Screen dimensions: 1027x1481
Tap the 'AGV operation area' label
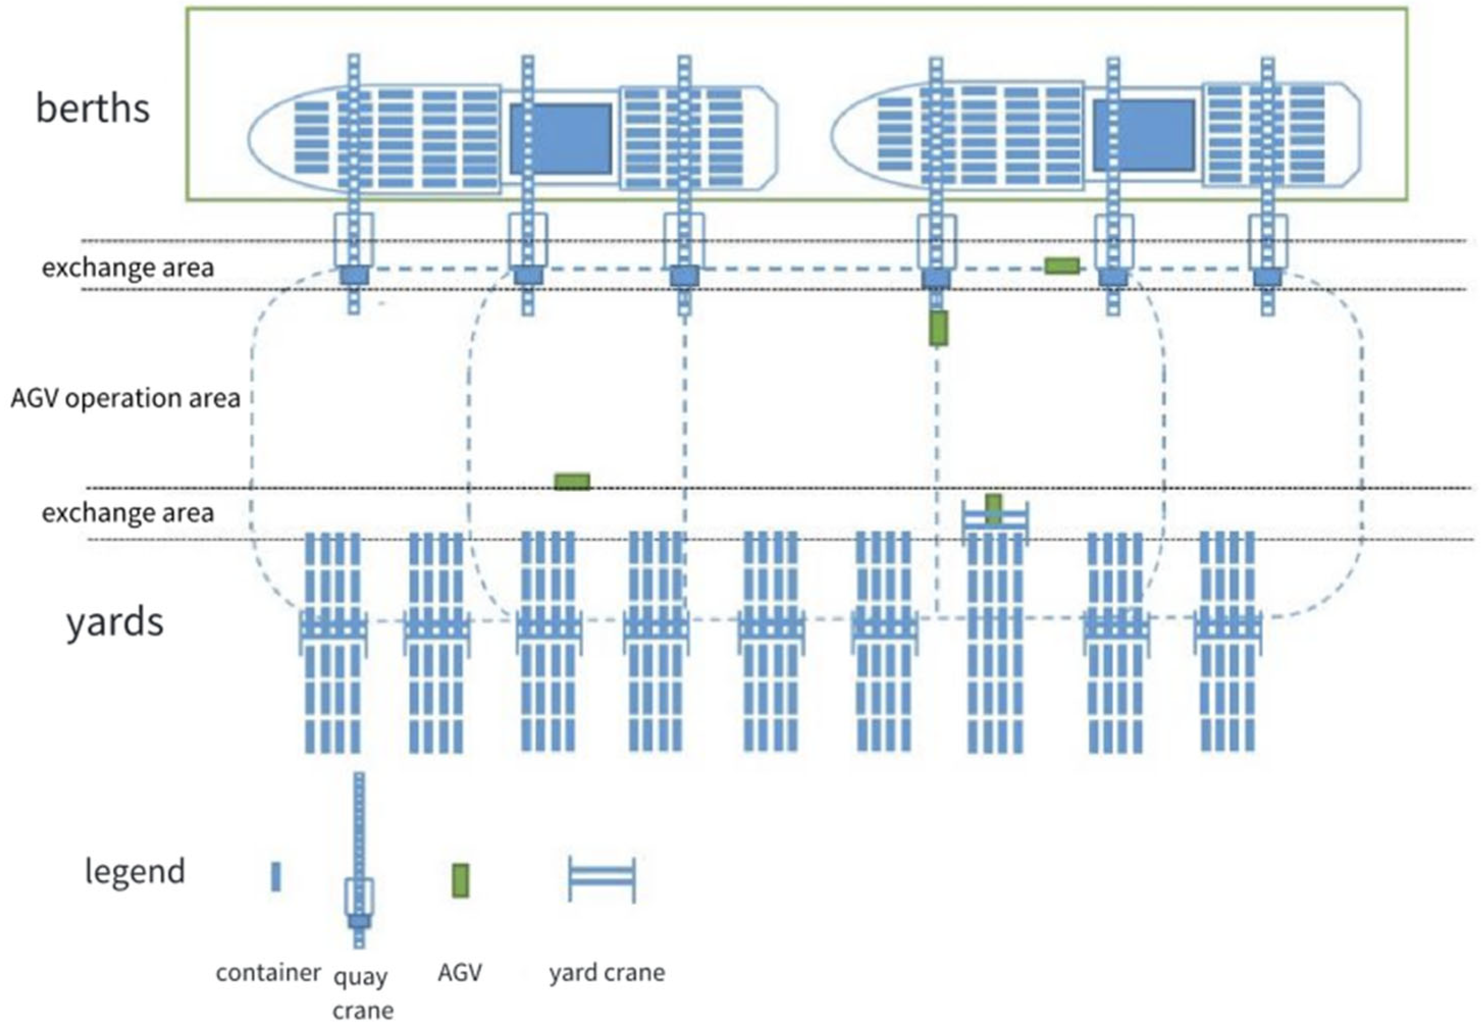126,398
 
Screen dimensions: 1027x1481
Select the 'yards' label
114,622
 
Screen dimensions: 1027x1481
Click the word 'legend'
135,872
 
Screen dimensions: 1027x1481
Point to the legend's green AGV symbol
460,880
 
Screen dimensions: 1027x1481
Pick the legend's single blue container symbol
276,876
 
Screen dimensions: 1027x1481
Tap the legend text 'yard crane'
607,972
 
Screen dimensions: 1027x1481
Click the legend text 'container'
268,972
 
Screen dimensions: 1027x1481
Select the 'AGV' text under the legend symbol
459,972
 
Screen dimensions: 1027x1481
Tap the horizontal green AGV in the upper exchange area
1062,266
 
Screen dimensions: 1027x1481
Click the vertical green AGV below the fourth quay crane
938,328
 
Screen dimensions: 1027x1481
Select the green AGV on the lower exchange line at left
572,482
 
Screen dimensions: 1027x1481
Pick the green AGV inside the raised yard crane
994,508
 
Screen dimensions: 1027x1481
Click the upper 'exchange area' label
127,267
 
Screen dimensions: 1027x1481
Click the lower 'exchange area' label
127,513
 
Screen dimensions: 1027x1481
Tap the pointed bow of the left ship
254,138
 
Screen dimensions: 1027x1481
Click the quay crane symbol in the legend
359,894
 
